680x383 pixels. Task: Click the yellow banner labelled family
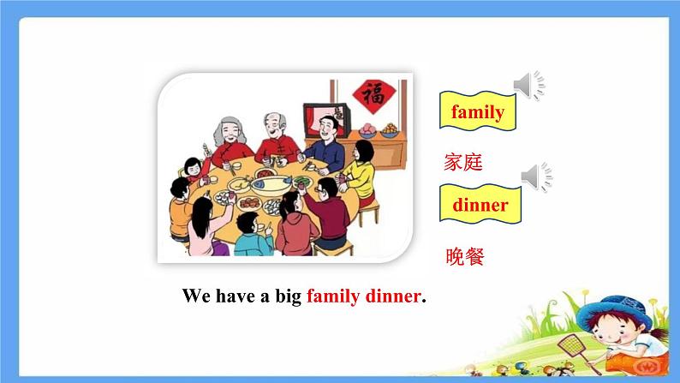pyautogui.click(x=477, y=112)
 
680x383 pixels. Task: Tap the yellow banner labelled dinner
pyautogui.click(x=480, y=206)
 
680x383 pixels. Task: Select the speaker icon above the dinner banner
pyautogui.click(x=536, y=177)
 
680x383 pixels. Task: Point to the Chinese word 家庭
pyautogui.click(x=464, y=162)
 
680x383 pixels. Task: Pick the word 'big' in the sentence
pyautogui.click(x=285, y=296)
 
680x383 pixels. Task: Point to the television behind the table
pyautogui.click(x=325, y=119)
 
